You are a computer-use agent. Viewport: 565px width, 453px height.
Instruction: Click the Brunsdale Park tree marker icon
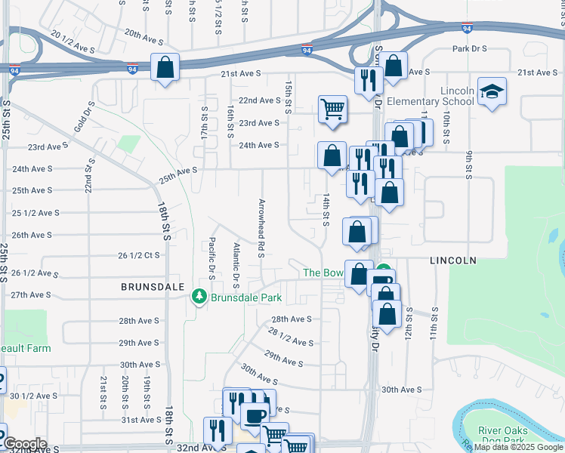pyautogui.click(x=200, y=297)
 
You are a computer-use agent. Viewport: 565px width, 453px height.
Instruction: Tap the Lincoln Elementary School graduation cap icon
pyautogui.click(x=492, y=91)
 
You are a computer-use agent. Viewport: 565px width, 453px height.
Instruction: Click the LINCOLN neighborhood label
pyautogui.click(x=453, y=260)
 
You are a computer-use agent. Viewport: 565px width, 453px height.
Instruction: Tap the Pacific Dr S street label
pyautogui.click(x=212, y=259)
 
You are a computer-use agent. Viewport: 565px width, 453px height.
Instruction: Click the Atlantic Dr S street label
pyautogui.click(x=236, y=266)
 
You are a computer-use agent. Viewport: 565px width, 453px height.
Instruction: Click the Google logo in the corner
pyautogui.click(x=24, y=444)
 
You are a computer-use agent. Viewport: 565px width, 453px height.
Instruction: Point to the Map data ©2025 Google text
pyautogui.click(x=518, y=447)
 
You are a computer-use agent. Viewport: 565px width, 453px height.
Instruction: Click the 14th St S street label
pyautogui.click(x=326, y=208)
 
